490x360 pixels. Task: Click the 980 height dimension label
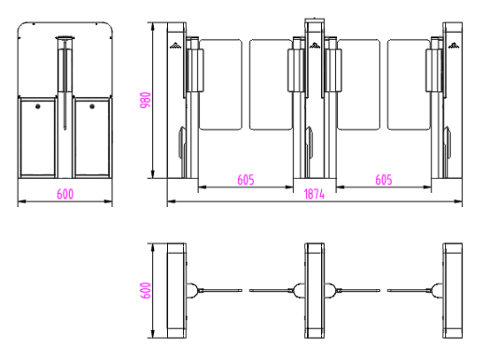click(x=145, y=100)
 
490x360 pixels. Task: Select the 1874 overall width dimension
click(x=314, y=195)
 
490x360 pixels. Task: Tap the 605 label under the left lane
click(x=246, y=180)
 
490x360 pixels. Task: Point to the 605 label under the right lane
click(x=384, y=180)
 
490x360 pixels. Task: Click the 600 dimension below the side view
click(x=65, y=194)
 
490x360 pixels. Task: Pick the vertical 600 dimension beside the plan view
click(x=145, y=290)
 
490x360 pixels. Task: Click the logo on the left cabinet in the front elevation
click(x=175, y=46)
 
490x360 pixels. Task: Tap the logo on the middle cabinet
click(x=315, y=46)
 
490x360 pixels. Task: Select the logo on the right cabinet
click(x=454, y=46)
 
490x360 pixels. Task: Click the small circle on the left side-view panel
click(x=38, y=106)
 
